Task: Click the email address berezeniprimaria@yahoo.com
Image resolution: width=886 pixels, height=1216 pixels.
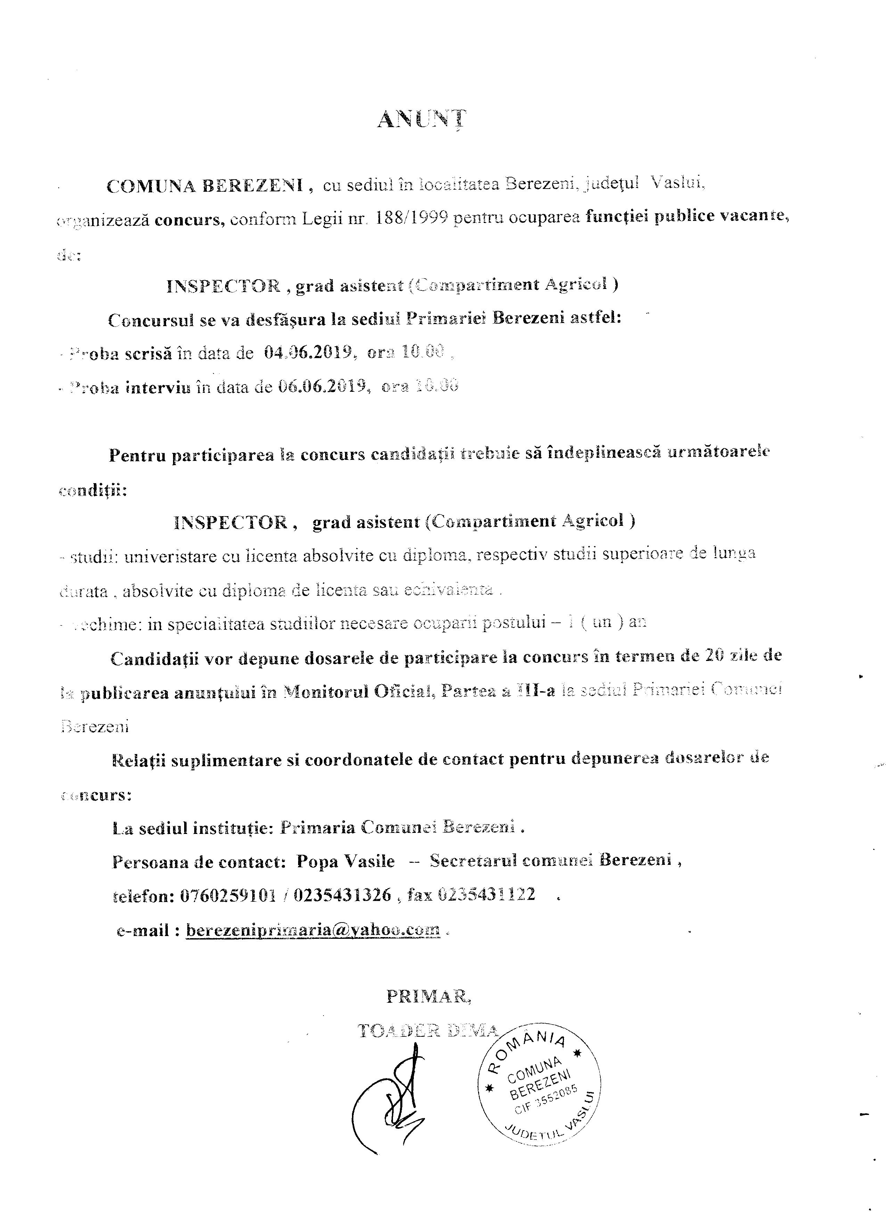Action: click(x=313, y=930)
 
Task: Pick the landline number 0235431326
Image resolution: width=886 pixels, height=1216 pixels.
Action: click(x=343, y=895)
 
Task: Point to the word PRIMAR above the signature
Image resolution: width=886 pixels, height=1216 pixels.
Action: click(x=428, y=996)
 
